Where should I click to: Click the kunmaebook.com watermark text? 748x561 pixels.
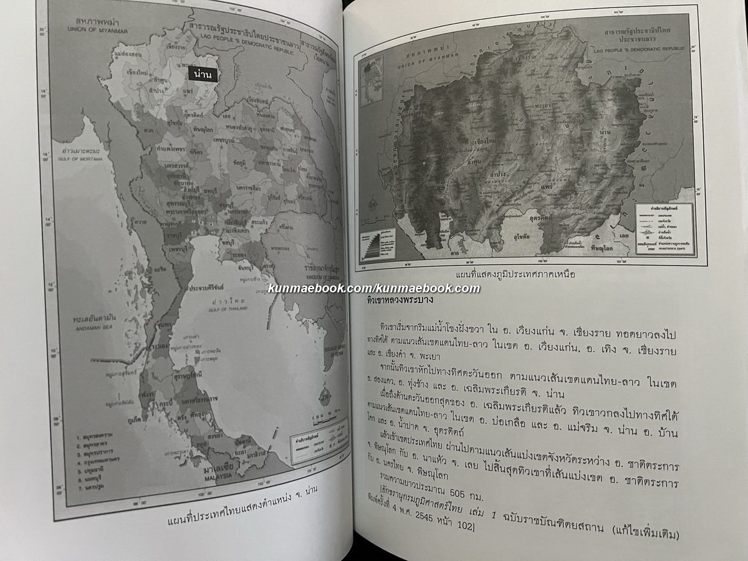[x=374, y=288]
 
